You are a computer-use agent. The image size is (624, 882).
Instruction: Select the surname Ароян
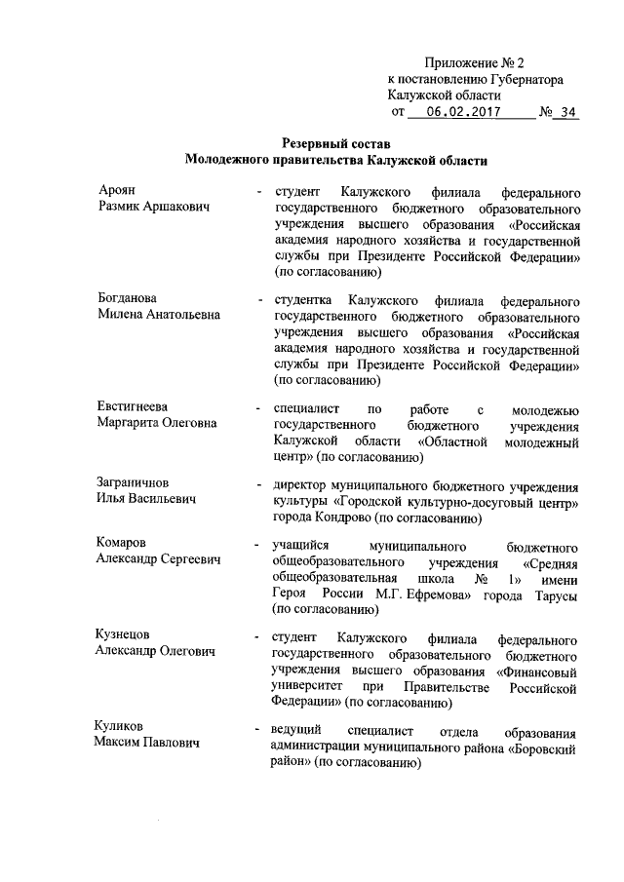click(117, 190)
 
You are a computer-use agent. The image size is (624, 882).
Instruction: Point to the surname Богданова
click(129, 297)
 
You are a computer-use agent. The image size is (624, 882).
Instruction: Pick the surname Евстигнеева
click(136, 406)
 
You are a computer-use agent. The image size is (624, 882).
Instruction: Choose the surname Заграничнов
click(136, 482)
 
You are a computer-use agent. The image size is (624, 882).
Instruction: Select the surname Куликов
click(123, 727)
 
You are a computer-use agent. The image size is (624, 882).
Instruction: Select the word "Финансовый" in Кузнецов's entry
click(540, 671)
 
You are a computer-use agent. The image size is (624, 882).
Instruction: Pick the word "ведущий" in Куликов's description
click(298, 731)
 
